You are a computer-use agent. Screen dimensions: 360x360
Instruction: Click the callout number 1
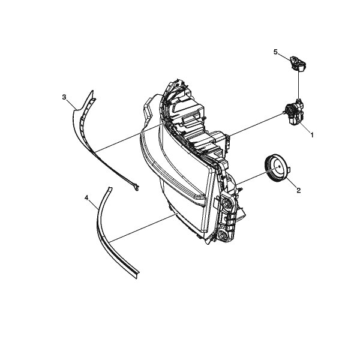(x=312, y=135)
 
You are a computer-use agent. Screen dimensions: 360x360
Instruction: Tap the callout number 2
(x=298, y=190)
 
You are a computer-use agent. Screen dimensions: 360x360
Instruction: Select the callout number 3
(x=64, y=97)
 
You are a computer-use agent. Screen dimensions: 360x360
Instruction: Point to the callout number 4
(x=86, y=197)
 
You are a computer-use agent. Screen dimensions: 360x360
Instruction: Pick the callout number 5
(x=275, y=52)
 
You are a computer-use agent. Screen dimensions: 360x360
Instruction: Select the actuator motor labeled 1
(x=294, y=113)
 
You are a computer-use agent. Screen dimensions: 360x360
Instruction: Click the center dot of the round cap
(x=279, y=167)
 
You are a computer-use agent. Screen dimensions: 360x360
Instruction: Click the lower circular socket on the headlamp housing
(x=223, y=234)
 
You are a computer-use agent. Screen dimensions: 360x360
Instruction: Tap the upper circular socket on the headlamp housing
(x=227, y=202)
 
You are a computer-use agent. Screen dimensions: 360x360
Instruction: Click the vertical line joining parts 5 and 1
(x=298, y=85)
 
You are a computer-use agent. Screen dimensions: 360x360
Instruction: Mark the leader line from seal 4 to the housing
(x=143, y=228)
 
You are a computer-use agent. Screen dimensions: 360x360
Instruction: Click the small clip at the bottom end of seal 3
(x=136, y=187)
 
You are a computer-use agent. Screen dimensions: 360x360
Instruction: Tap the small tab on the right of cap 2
(x=290, y=170)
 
